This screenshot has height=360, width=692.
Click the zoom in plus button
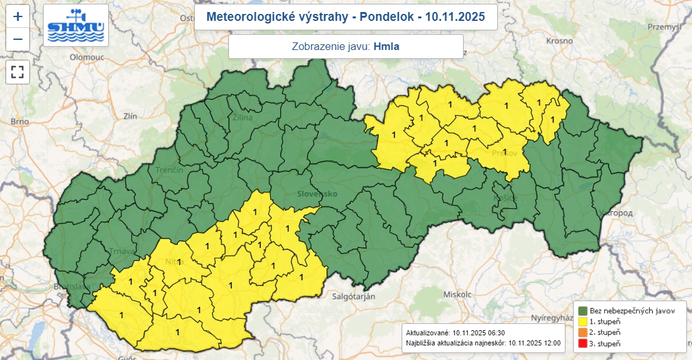coord(18,17)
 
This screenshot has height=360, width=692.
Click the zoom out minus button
coord(18,39)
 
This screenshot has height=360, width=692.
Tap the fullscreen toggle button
coord(18,71)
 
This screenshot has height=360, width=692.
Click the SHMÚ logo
coord(76,25)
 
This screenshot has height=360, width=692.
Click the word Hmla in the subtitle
coord(386,46)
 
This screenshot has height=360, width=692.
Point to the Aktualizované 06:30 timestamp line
coord(455,333)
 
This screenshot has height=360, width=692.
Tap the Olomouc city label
coord(86,56)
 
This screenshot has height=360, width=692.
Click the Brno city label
coord(20,121)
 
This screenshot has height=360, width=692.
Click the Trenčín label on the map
coord(170,171)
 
